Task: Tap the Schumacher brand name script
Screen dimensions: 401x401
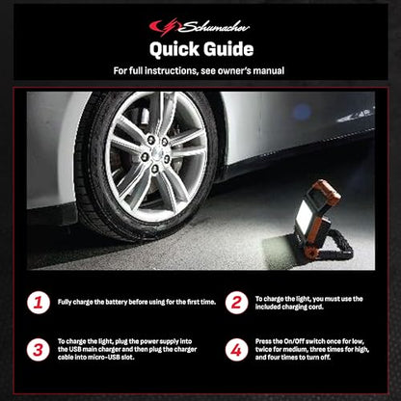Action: point(214,27)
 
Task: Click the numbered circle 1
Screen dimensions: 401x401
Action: point(39,303)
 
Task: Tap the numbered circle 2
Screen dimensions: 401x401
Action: point(236,303)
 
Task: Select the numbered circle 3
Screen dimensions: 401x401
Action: point(39,350)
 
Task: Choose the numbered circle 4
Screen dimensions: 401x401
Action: point(236,350)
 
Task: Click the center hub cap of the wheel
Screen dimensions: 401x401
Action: point(157,152)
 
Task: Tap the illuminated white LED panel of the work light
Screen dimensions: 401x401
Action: point(305,215)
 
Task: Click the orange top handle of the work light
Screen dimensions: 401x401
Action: point(326,191)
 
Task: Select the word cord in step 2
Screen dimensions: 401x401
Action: point(317,307)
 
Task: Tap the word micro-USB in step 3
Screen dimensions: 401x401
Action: point(104,357)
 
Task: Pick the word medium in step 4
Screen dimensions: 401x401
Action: point(295,349)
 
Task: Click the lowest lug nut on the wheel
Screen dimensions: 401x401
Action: point(155,168)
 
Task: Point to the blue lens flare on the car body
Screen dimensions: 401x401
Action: point(302,112)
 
